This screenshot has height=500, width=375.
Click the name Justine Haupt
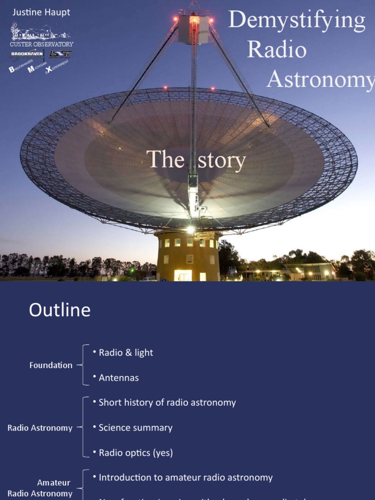click(x=41, y=12)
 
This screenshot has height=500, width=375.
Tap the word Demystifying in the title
click(x=297, y=21)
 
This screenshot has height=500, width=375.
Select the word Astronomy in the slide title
click(x=320, y=79)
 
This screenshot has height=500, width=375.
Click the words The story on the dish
click(x=196, y=160)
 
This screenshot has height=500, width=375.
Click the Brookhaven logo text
click(x=27, y=54)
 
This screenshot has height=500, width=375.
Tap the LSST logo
click(x=60, y=54)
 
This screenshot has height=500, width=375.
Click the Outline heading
click(x=60, y=310)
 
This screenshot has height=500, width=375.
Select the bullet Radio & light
click(x=125, y=353)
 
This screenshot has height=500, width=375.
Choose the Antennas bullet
click(x=119, y=377)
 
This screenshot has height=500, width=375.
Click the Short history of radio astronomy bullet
click(x=167, y=403)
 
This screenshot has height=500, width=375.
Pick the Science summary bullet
click(x=135, y=428)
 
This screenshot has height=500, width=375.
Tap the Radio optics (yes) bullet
click(x=136, y=453)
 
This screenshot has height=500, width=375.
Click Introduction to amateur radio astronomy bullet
click(x=186, y=478)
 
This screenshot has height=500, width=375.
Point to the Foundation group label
click(x=51, y=365)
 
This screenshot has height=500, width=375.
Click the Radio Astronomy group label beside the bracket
click(x=40, y=428)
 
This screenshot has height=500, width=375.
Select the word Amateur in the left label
click(x=54, y=482)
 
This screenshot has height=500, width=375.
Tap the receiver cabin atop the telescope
click(x=194, y=28)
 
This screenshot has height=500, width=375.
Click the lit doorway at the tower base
click(x=183, y=275)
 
